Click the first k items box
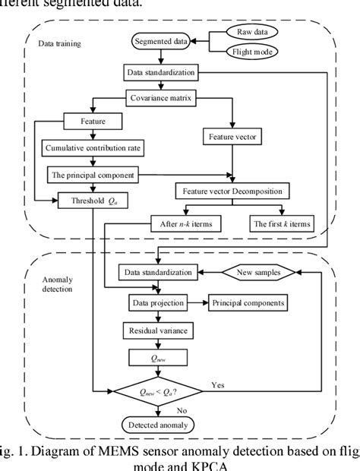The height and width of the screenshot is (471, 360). pos(279,223)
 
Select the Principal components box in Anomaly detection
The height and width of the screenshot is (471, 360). pos(248,302)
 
